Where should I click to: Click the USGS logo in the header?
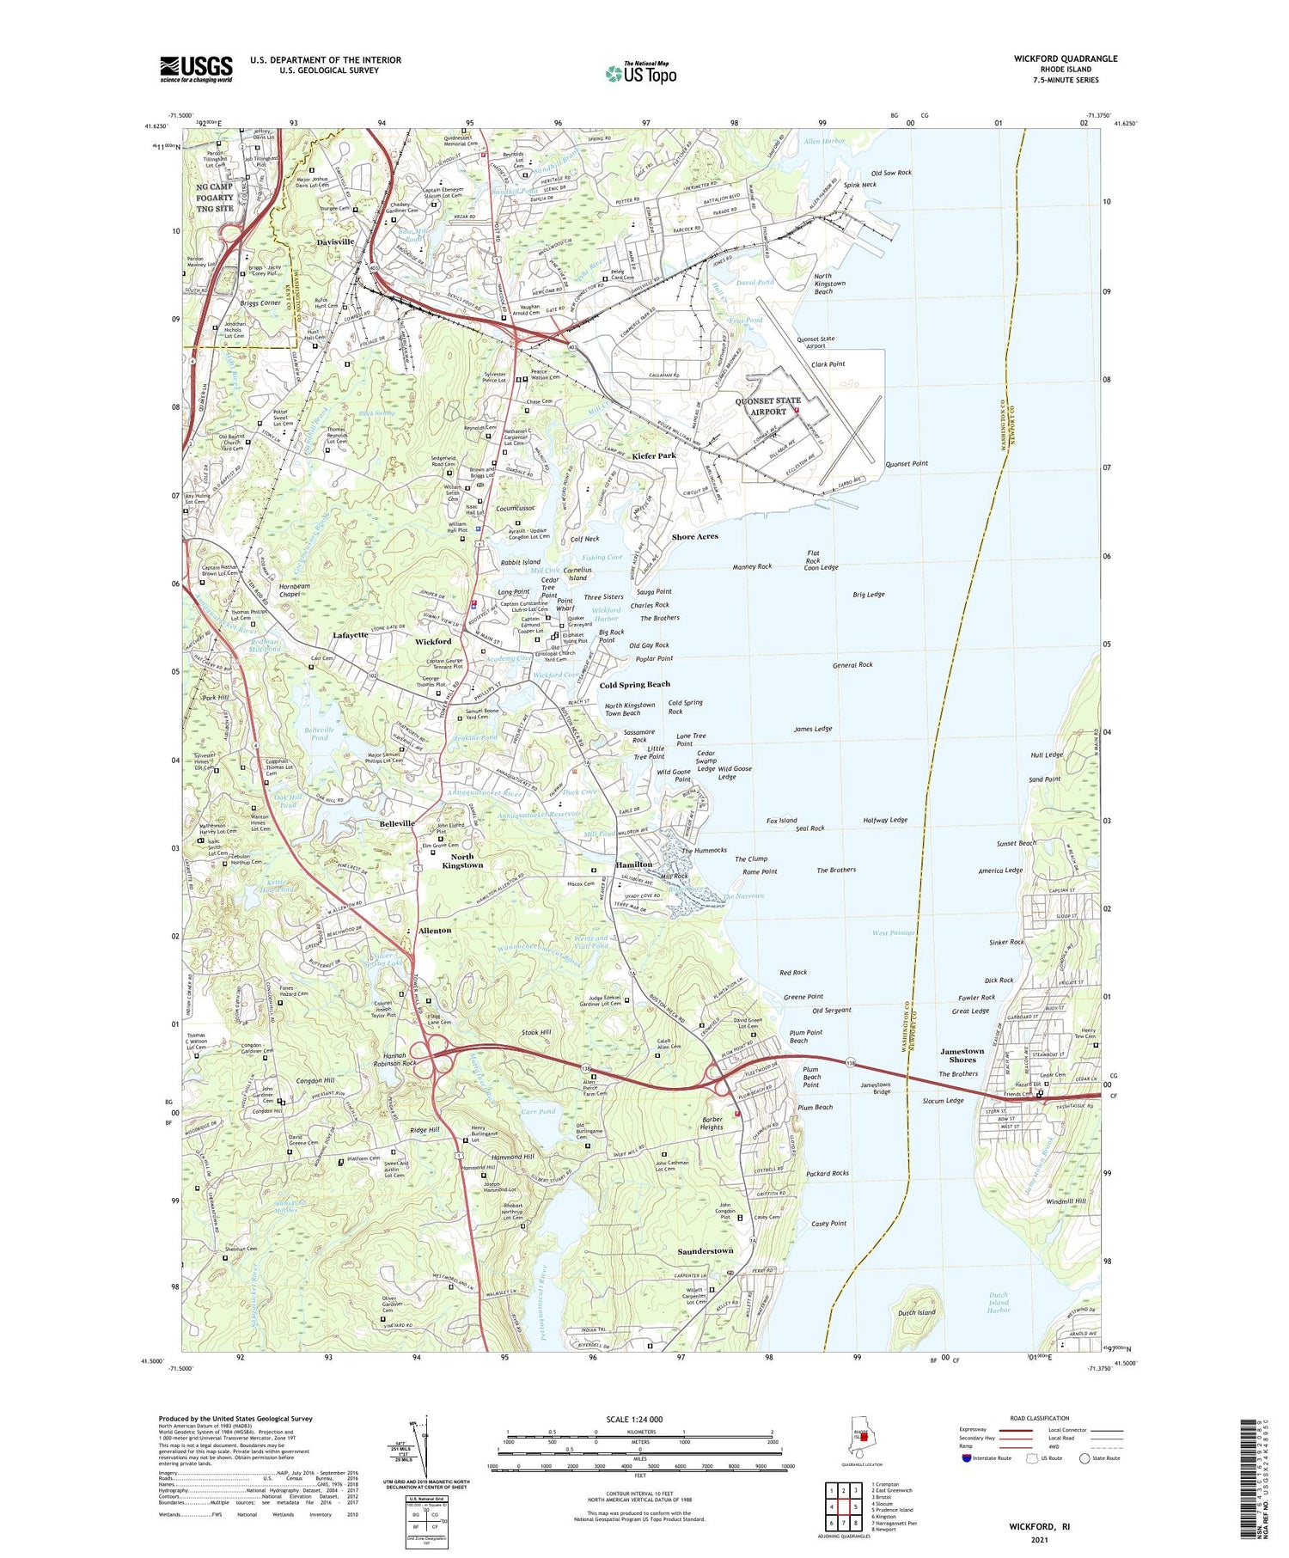pyautogui.click(x=196, y=69)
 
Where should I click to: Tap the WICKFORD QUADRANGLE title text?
pyautogui.click(x=1066, y=58)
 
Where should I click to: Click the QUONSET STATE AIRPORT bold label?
pyautogui.click(x=767, y=406)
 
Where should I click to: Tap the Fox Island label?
pyautogui.click(x=781, y=821)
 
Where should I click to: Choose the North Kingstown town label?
pyautogui.click(x=462, y=861)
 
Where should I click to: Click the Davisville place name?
pyautogui.click(x=335, y=242)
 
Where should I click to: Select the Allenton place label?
pyautogui.click(x=434, y=931)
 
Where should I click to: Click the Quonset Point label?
pyautogui.click(x=907, y=463)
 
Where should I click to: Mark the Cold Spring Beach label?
pyautogui.click(x=634, y=684)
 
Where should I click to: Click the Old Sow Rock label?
pyautogui.click(x=891, y=173)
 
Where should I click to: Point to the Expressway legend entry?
pyautogui.click(x=978, y=1430)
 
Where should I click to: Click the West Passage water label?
pyautogui.click(x=894, y=932)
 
